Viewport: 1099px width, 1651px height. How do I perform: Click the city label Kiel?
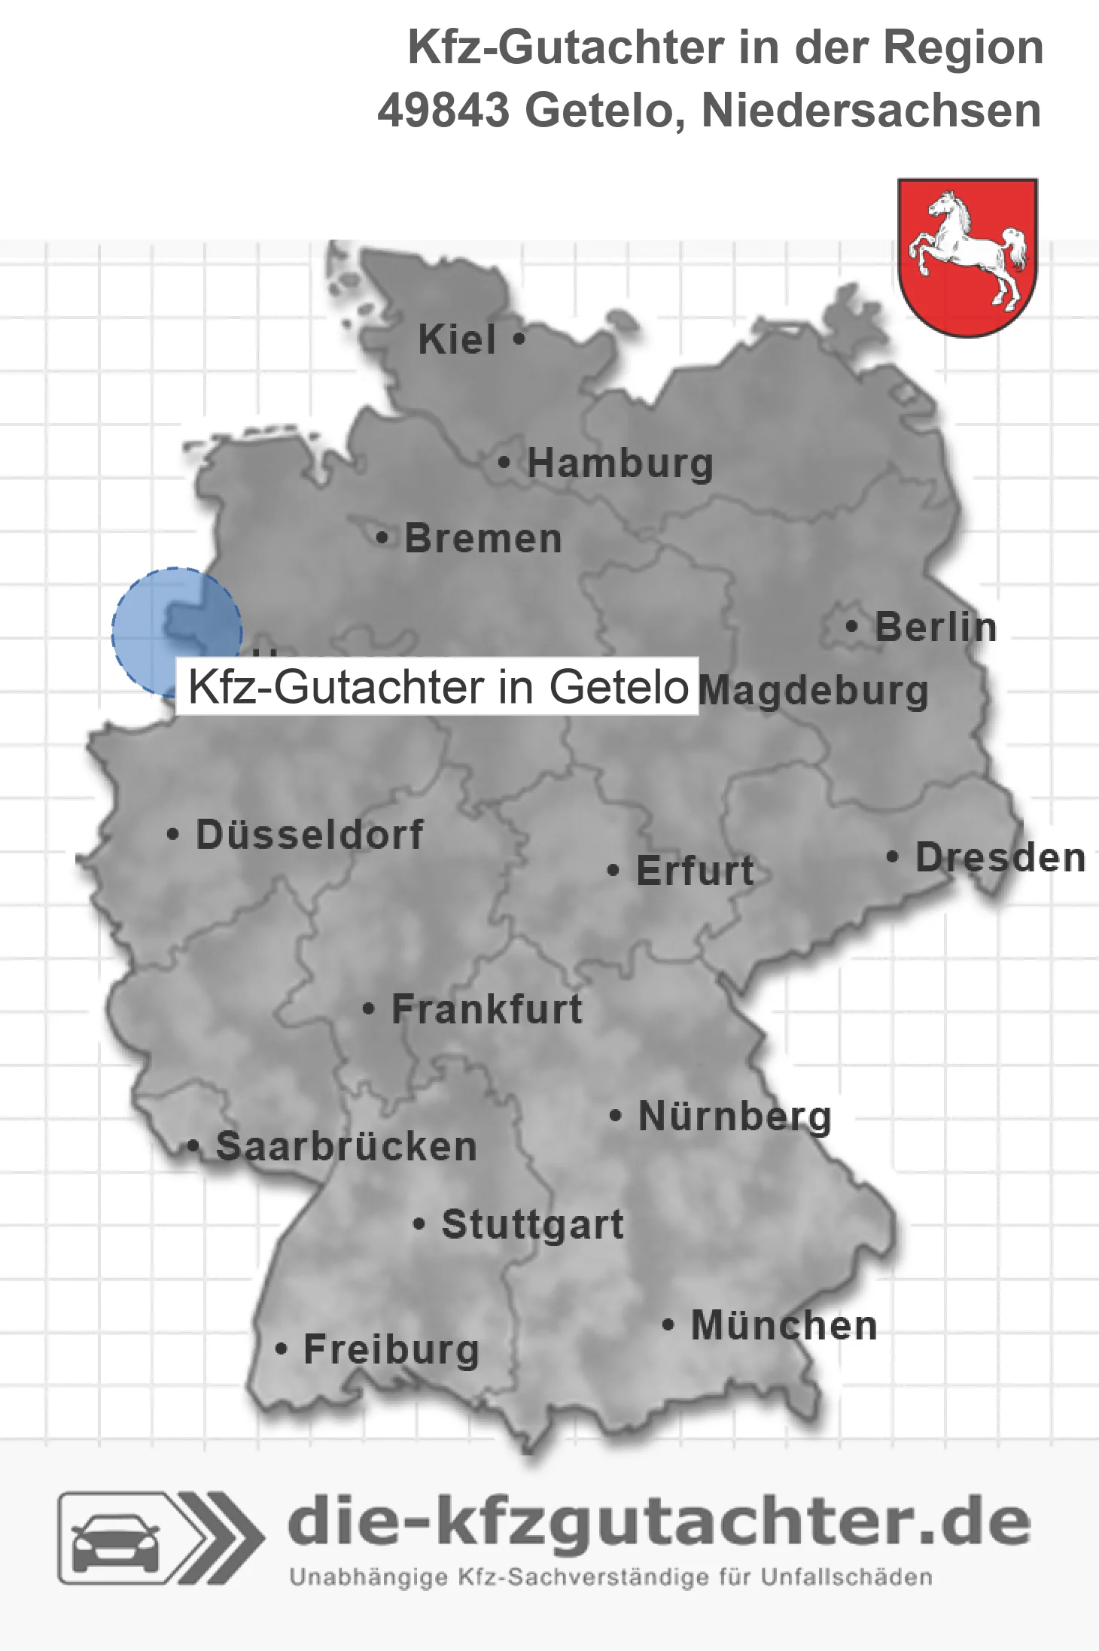pos(457,340)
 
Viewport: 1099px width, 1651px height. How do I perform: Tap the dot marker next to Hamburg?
pos(504,462)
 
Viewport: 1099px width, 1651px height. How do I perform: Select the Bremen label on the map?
pos(483,539)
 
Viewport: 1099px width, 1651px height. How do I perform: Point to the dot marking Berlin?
pos(851,626)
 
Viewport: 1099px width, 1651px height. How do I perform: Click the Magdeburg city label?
pos(813,691)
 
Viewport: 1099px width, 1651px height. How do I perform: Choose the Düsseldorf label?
pos(309,835)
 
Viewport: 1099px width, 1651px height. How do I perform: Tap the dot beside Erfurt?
pos(613,871)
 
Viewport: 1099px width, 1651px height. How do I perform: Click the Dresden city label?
pos(1000,858)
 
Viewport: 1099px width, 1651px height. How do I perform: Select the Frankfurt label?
pos(487,1009)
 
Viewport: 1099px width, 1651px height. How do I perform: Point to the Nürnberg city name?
pos(735,1116)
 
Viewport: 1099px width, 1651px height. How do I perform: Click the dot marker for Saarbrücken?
pos(193,1146)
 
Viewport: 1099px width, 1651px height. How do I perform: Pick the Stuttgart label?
pos(532,1224)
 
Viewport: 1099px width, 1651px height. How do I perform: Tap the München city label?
pos(784,1325)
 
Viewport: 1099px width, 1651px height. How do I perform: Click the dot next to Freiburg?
pos(281,1349)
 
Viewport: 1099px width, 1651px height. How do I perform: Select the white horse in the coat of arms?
pos(968,248)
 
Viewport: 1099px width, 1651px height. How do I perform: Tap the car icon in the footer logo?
pos(114,1540)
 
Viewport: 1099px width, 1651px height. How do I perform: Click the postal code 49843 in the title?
pos(443,111)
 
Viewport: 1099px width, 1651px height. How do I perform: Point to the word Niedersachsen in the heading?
pos(871,111)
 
